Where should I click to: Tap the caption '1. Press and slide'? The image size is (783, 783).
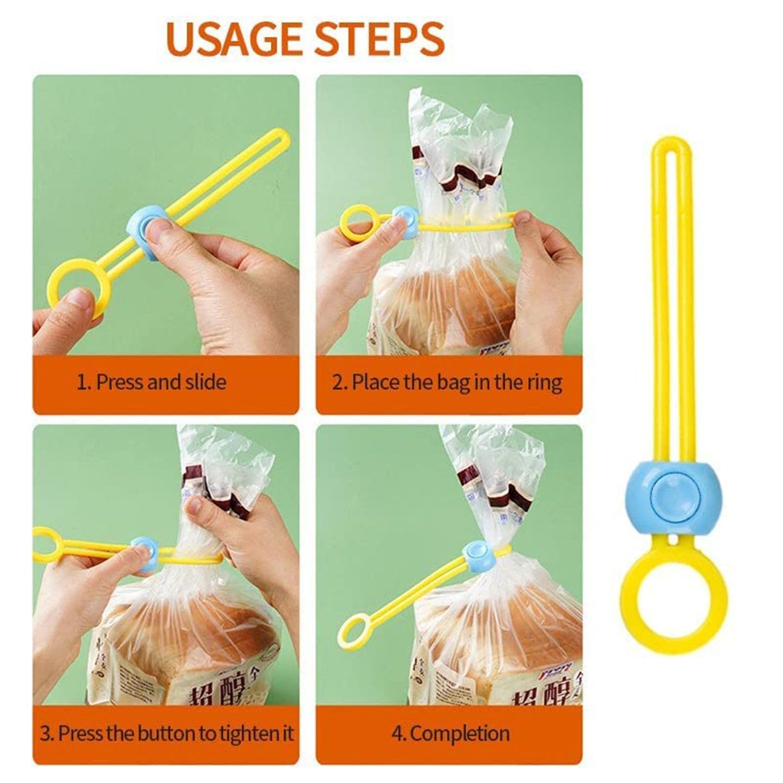click(x=151, y=382)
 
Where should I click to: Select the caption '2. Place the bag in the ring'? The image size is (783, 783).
click(x=447, y=382)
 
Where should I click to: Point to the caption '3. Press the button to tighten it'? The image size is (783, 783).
click(x=167, y=734)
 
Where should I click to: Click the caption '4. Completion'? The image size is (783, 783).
click(x=450, y=734)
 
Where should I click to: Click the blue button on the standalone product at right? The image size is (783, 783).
click(x=667, y=496)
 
